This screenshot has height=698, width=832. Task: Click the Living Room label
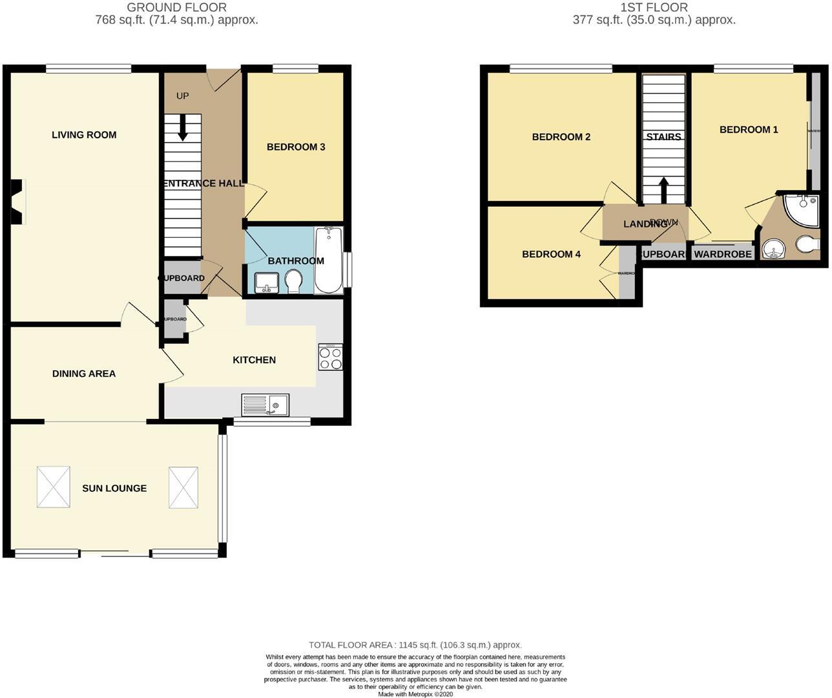pyautogui.click(x=84, y=134)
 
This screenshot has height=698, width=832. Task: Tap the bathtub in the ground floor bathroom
pyautogui.click(x=329, y=260)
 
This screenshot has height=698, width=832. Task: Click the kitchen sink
pyautogui.click(x=265, y=405)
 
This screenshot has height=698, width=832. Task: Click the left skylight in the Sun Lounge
pyautogui.click(x=52, y=487)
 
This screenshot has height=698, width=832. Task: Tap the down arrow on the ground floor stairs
pyautogui.click(x=182, y=127)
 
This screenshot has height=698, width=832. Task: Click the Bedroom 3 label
pyautogui.click(x=296, y=147)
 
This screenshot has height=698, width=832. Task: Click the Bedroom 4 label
pyautogui.click(x=551, y=254)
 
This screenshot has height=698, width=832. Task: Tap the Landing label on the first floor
pyautogui.click(x=645, y=224)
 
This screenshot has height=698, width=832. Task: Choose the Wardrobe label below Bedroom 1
pyautogui.click(x=723, y=254)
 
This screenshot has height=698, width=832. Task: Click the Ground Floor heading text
pyautogui.click(x=176, y=8)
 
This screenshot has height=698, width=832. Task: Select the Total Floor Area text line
pyautogui.click(x=415, y=644)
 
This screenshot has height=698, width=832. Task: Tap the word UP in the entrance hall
pyautogui.click(x=183, y=96)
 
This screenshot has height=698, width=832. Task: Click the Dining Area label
pyautogui.click(x=84, y=373)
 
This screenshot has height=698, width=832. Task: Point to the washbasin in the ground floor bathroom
pyautogui.click(x=267, y=282)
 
